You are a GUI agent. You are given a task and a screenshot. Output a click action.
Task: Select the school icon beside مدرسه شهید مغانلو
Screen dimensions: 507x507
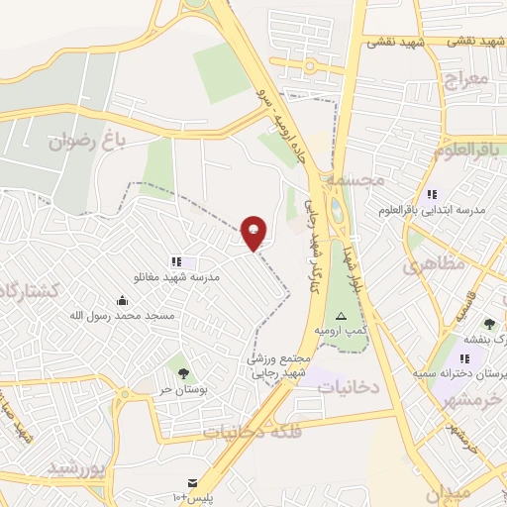(x=176, y=262)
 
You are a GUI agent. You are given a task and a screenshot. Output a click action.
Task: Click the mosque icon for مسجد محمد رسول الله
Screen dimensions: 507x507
(x=122, y=300)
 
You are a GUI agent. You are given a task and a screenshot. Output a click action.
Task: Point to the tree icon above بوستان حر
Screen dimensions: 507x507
(x=182, y=372)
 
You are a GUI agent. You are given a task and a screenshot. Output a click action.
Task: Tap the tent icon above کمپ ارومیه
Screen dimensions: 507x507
(x=342, y=315)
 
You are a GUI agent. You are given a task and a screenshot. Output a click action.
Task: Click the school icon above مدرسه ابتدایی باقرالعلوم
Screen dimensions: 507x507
(x=431, y=194)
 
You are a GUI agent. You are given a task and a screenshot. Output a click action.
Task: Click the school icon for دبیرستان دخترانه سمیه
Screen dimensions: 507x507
(x=464, y=358)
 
